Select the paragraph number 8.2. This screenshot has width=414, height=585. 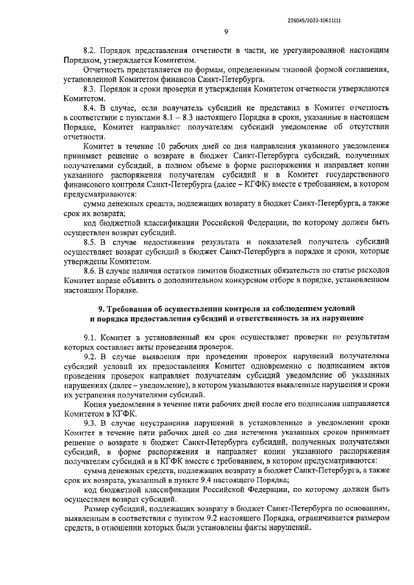[90, 49]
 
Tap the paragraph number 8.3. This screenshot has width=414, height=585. [90, 87]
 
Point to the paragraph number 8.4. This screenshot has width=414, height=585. [90, 106]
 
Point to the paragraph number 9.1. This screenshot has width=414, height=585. [90, 339]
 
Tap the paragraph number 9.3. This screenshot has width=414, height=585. [90, 422]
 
